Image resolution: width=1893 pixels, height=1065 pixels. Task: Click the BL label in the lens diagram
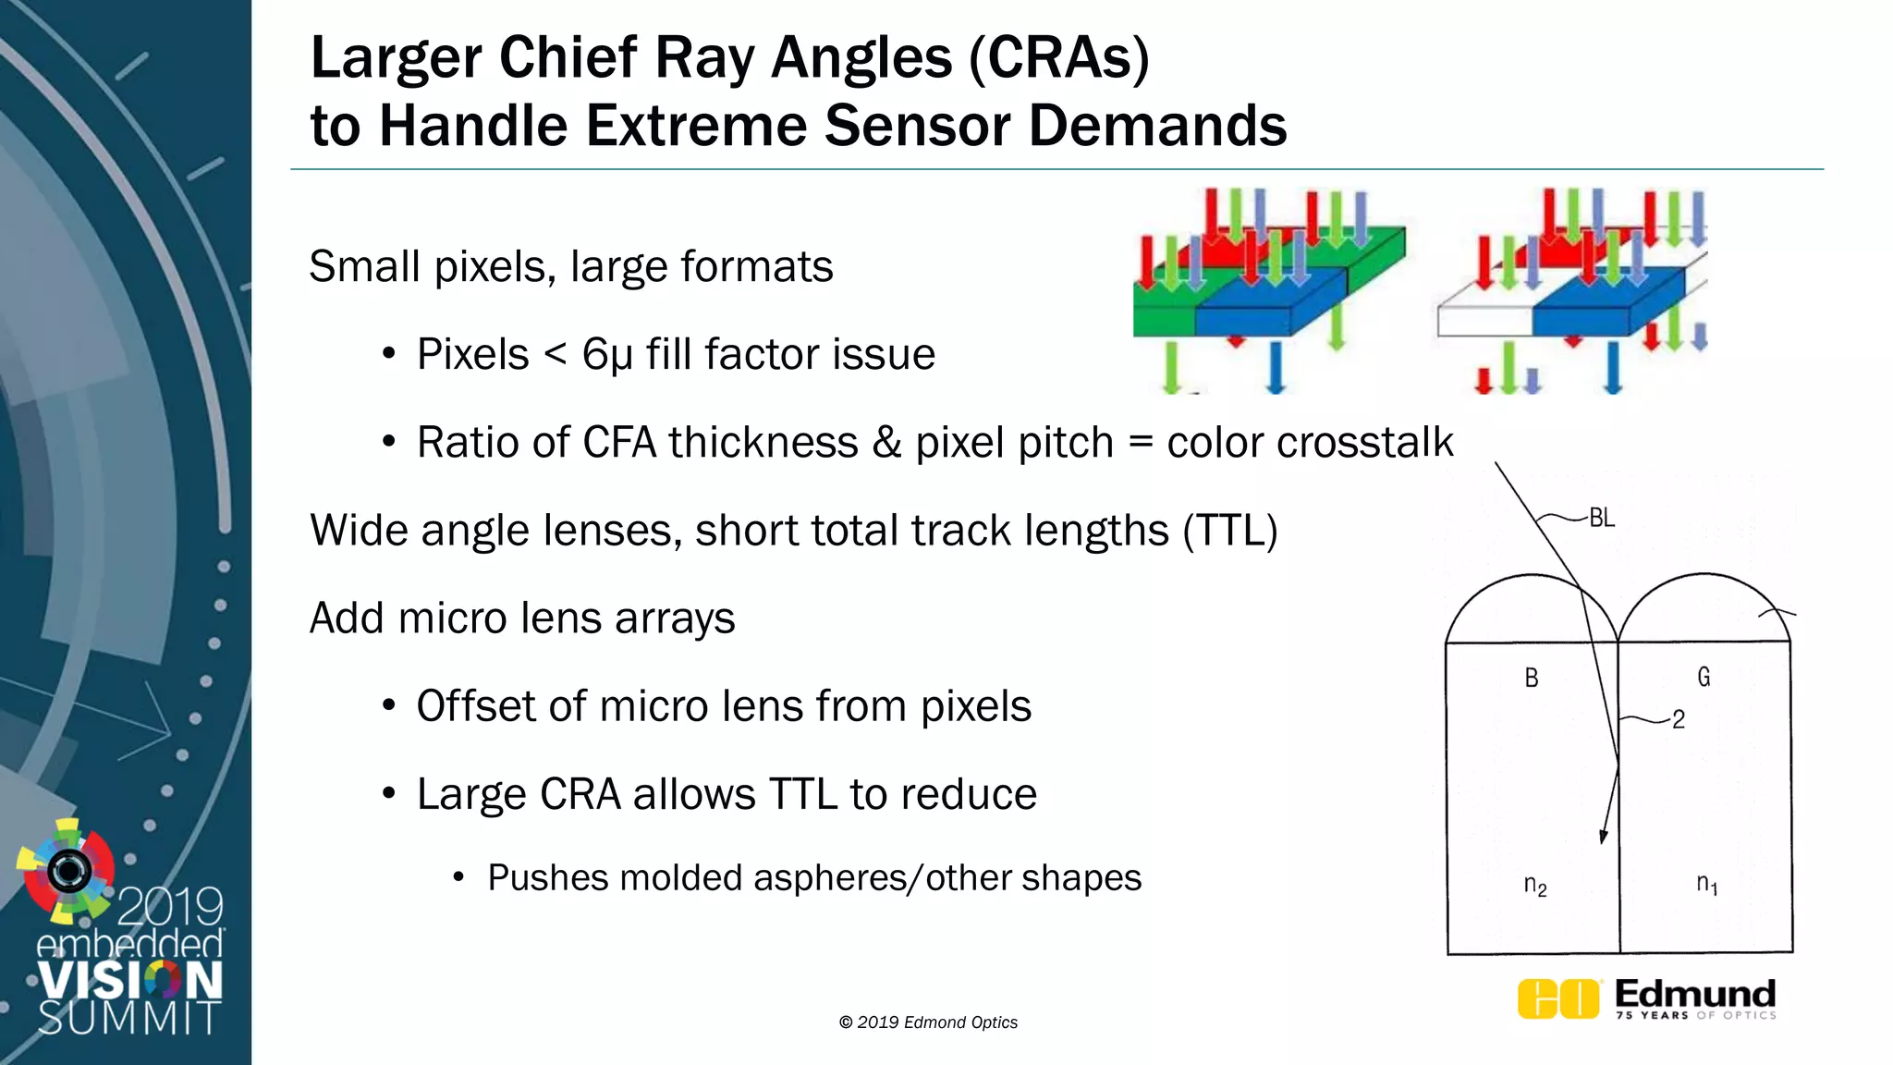click(x=1602, y=519)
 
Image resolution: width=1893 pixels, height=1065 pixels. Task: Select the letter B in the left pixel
click(x=1532, y=678)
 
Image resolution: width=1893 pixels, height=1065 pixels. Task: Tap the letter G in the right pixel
click(x=1704, y=678)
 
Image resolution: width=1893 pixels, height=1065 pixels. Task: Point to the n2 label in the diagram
click(x=1535, y=886)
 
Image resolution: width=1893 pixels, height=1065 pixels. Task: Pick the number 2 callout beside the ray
click(x=1679, y=719)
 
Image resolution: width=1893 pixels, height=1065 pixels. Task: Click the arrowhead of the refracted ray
click(x=1604, y=835)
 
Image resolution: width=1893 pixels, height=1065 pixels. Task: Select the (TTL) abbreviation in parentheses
click(x=1230, y=531)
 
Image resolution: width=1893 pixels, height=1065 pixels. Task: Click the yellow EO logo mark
click(x=1558, y=998)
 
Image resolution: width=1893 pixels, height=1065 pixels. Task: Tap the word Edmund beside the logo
click(x=1695, y=994)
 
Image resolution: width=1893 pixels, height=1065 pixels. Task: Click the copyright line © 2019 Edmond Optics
click(x=928, y=1022)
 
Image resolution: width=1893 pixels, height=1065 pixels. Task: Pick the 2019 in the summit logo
click(x=170, y=907)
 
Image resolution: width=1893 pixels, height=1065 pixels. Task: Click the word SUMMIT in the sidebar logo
click(x=129, y=1018)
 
